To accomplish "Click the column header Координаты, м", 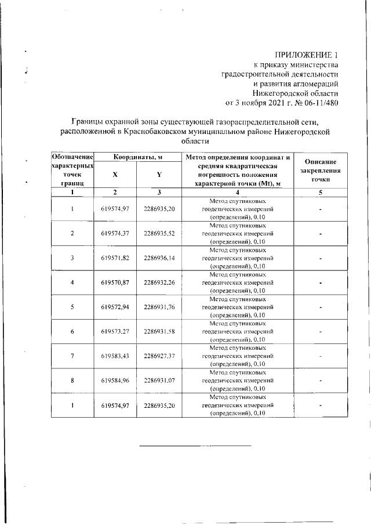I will click(137, 157).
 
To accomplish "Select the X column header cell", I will click(115, 175).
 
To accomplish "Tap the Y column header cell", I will click(159, 175).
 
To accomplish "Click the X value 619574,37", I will click(115, 233).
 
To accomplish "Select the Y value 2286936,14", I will click(159, 258).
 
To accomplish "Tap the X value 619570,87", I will click(115, 283).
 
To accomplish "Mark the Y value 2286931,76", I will click(159, 307).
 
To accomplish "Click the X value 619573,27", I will click(115, 331).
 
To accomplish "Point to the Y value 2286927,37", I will click(159, 356).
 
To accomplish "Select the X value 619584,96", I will click(115, 381).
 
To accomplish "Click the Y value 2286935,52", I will click(159, 233).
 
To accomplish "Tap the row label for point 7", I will click(72, 356).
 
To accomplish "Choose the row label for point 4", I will click(72, 283).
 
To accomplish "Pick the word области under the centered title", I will click(193, 141).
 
